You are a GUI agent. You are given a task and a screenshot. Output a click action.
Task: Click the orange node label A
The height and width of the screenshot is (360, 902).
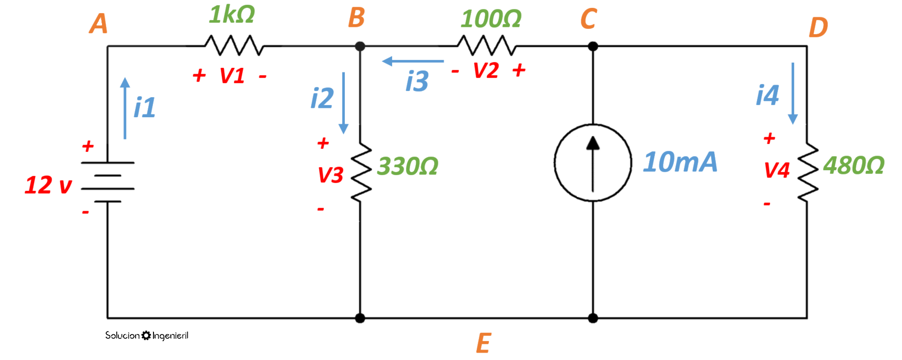[x=98, y=24]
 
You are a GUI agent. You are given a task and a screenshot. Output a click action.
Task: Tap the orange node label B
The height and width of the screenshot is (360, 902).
[x=356, y=18]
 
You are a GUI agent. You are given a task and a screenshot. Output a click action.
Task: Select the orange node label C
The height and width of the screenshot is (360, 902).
[x=588, y=19]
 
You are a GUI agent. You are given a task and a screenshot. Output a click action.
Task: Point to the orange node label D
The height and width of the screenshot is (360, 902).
[x=817, y=27]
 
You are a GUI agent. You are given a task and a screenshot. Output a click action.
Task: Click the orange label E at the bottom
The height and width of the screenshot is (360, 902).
[x=483, y=343]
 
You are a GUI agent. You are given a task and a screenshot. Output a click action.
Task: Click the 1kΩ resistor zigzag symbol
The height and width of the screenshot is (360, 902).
[x=234, y=46]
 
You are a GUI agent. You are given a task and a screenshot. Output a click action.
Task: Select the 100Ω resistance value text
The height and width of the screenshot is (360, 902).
[x=491, y=19]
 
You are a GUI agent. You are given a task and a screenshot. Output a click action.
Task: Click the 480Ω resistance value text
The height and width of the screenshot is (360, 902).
[x=853, y=166]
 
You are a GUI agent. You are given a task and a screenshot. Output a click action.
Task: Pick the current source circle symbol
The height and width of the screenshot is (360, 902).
[x=592, y=163]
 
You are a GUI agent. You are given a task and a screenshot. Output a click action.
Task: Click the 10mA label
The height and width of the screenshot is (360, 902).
[x=680, y=162]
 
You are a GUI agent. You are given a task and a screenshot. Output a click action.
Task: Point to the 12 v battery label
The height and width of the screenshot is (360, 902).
[x=48, y=185]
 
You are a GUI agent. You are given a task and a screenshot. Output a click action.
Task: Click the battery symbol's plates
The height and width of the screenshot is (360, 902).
[x=108, y=182]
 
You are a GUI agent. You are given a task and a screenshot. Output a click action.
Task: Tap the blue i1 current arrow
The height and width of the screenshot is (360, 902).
[x=125, y=108]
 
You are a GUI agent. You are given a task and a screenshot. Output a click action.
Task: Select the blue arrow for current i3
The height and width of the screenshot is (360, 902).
[x=413, y=61]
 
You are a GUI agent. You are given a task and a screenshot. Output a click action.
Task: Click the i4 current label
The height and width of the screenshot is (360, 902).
[x=767, y=96]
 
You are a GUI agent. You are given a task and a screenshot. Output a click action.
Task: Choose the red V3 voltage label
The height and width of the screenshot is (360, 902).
[x=330, y=175]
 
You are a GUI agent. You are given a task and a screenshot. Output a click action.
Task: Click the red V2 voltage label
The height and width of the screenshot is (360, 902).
[x=485, y=70]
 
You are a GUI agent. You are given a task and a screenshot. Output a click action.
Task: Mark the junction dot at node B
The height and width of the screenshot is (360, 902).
[x=360, y=46]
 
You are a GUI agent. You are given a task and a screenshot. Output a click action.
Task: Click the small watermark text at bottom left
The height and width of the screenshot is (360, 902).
[x=146, y=335]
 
